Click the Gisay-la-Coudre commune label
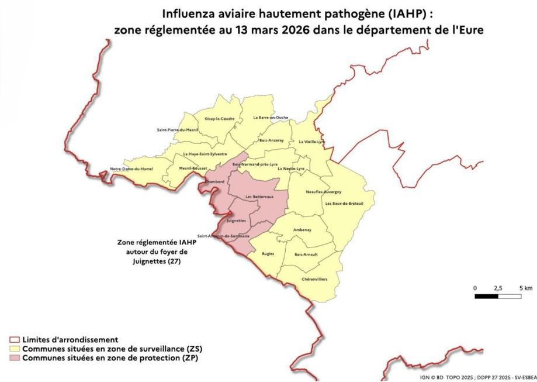pyautogui.click(x=220, y=119)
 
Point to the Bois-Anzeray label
pyautogui.click(x=271, y=140)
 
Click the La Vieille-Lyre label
pyautogui.click(x=311, y=142)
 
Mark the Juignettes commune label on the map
pyautogui.click(x=235, y=221)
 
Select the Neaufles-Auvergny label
pyautogui.click(x=324, y=192)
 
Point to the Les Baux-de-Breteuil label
pyautogui.click(x=344, y=203)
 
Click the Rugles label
pyautogui.click(x=268, y=254)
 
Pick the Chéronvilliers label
pyautogui.click(x=314, y=280)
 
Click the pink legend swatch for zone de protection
pyautogui.click(x=15, y=357)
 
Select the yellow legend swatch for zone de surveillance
pyautogui.click(x=15, y=349)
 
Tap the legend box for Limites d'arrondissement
pyautogui.click(x=15, y=340)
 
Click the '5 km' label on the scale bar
pyautogui.click(x=525, y=288)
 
